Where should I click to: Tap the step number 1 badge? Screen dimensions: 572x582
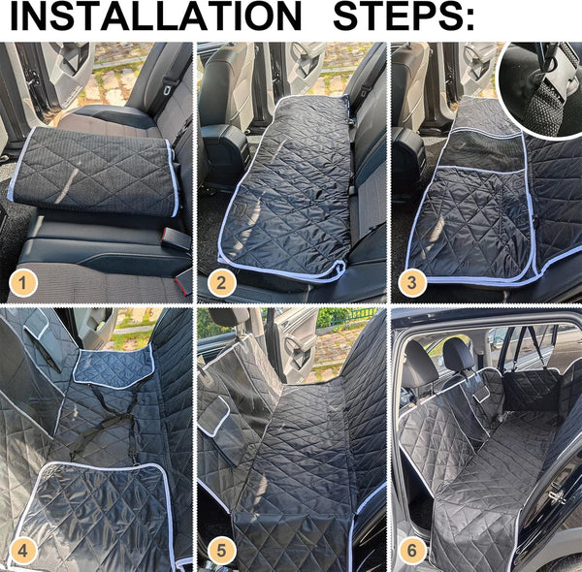coord(25,283)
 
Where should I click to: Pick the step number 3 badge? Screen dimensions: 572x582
coord(412,283)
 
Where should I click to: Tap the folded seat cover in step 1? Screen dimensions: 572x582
coord(97,175)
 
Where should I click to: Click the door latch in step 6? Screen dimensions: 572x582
coord(559,493)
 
